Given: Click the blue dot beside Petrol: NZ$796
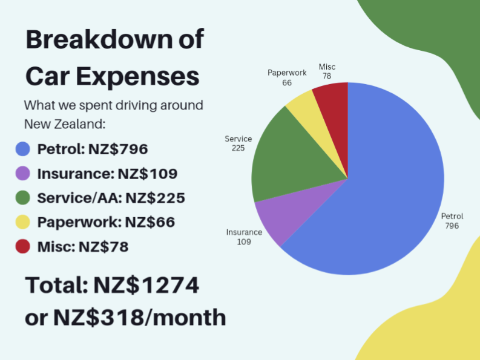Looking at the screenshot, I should coord(23,149).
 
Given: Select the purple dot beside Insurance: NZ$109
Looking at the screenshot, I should coord(23,174).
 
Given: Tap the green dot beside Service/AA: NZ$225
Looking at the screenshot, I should coord(23,198).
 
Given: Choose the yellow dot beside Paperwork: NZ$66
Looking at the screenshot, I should coord(23,222).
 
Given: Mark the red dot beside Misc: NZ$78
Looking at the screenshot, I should coord(23,246).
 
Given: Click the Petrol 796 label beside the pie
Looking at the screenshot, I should coord(452,221).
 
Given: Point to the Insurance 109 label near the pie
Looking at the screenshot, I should coord(245,237).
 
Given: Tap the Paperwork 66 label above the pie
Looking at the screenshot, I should coord(287,77).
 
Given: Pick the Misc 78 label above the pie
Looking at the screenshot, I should coord(327,71).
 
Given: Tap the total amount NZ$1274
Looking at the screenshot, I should coord(146,285).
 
